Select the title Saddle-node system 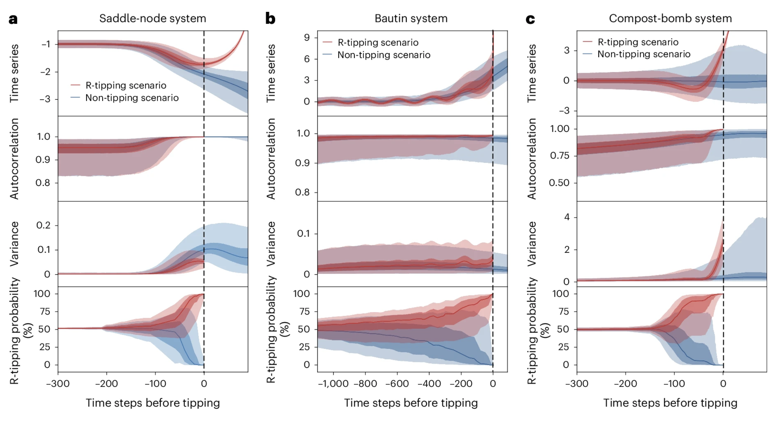153,19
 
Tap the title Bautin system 411,19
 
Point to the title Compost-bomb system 670,19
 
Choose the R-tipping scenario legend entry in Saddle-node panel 126,85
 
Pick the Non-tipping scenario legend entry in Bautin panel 384,55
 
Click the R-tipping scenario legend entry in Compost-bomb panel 638,42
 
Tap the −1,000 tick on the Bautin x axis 333,384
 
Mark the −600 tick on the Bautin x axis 397,384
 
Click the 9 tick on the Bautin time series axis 307,38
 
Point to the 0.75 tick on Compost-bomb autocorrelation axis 559,156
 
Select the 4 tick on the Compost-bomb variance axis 567,217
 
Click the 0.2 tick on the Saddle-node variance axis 43,225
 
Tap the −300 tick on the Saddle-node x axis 58,384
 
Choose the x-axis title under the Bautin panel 411,403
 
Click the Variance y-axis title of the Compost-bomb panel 532,244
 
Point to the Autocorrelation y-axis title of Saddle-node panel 14,159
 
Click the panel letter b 270,19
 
